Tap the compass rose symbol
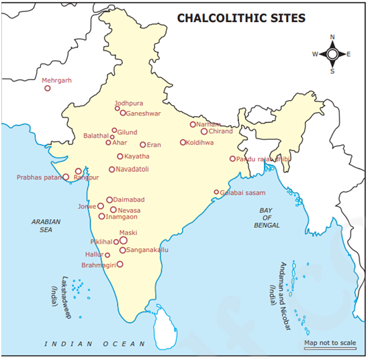(332, 54)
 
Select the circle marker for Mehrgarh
(47, 88)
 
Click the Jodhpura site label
(130, 103)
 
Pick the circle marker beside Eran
(142, 144)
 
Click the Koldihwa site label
(201, 142)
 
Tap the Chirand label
(221, 132)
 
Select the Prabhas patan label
(38, 178)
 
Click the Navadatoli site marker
(112, 169)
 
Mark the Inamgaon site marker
(101, 216)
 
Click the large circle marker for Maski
(123, 240)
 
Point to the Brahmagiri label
(99, 265)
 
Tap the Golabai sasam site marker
(216, 193)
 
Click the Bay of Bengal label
(267, 218)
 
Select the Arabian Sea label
(45, 225)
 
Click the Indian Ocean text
(94, 344)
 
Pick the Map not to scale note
(330, 343)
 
